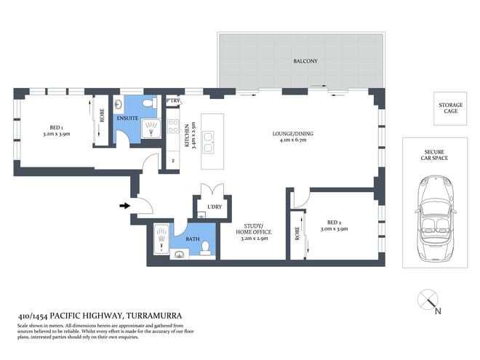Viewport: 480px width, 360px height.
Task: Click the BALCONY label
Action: [305, 61]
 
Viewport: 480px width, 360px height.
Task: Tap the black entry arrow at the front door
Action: [124, 206]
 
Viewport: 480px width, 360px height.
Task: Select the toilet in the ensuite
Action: [150, 103]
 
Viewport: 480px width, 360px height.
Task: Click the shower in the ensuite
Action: [151, 129]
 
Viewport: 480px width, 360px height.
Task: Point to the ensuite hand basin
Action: [119, 104]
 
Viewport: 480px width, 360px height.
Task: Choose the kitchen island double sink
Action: [209, 143]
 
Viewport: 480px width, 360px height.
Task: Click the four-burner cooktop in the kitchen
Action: [173, 126]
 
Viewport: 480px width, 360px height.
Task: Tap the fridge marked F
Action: [173, 161]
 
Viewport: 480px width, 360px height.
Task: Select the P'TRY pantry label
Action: [173, 100]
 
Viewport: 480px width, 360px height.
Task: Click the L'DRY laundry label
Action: [215, 207]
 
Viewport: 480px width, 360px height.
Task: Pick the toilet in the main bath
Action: [205, 248]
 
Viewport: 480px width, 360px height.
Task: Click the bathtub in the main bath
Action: [161, 239]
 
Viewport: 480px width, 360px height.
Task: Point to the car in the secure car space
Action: [436, 219]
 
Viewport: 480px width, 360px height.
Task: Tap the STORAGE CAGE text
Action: [451, 108]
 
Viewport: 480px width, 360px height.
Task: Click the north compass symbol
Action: [428, 301]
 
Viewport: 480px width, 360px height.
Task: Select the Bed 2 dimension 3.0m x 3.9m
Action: [334, 229]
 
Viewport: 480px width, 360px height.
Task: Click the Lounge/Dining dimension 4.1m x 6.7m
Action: [293, 140]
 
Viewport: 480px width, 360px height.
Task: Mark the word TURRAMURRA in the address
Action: [154, 316]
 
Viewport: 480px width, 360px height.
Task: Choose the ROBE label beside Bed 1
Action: [102, 116]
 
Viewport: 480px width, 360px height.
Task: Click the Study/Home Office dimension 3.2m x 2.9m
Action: [254, 239]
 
